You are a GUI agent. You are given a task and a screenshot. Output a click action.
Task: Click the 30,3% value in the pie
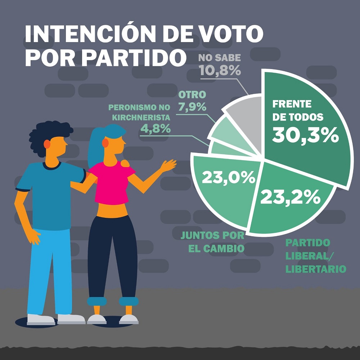point(305,135)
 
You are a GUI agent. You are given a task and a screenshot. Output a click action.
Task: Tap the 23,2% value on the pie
point(290,197)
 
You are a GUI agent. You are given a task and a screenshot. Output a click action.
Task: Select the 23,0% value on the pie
point(229,177)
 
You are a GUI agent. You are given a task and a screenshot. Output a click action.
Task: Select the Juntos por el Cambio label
point(212,242)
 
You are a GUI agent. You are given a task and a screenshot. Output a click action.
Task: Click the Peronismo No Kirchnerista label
point(139,112)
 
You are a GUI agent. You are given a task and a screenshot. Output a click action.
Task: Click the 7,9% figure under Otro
point(192,107)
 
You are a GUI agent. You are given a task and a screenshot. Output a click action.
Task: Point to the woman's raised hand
point(168,165)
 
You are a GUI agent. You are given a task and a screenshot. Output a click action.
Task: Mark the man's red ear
point(47,144)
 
